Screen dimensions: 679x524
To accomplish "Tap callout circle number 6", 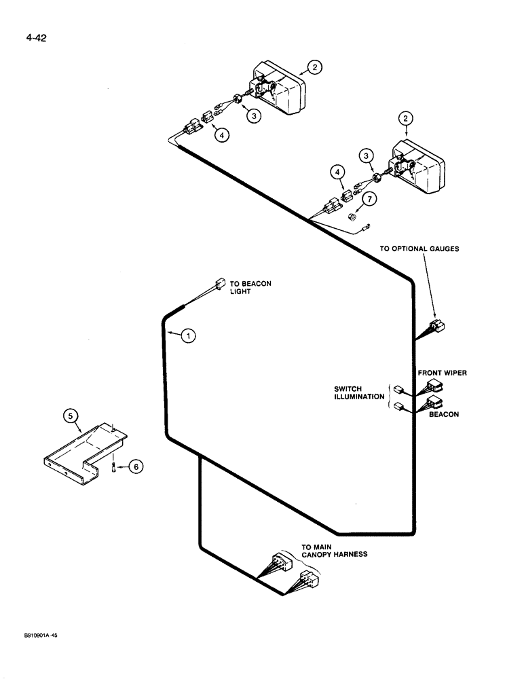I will (x=136, y=466).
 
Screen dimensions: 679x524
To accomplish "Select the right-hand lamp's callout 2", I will (x=405, y=119).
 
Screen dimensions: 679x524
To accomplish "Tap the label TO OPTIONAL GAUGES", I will (x=419, y=249).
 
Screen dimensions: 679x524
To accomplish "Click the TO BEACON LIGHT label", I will (x=250, y=287).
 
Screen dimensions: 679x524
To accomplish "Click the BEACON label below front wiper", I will (x=444, y=414).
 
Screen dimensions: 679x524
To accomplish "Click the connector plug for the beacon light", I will (x=220, y=284).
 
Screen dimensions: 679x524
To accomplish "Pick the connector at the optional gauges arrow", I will (x=437, y=327).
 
